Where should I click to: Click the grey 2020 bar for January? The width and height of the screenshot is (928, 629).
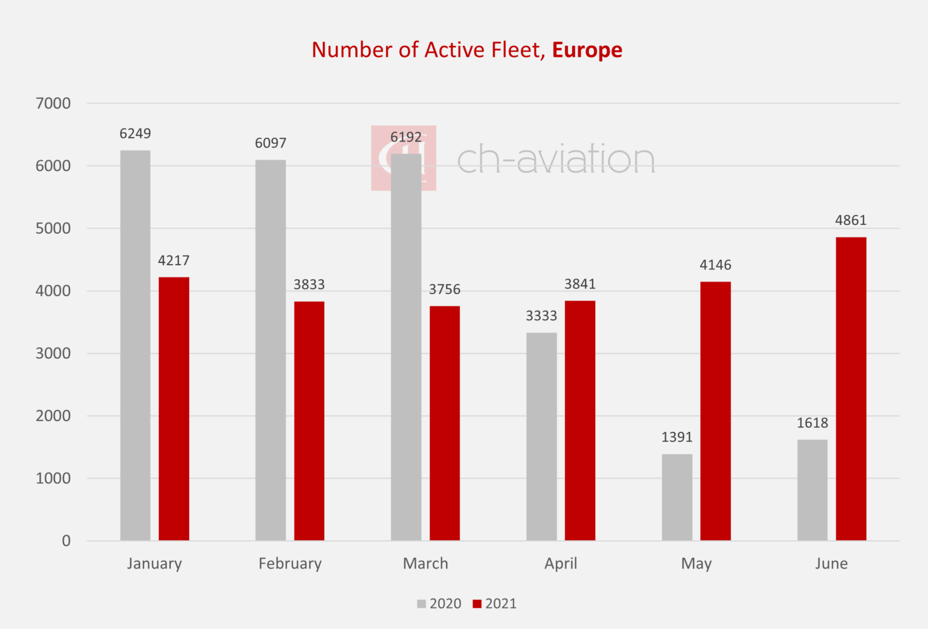[x=135, y=345]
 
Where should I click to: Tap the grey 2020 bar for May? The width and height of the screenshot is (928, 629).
[x=677, y=497]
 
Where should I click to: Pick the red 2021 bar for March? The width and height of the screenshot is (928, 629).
[x=445, y=423]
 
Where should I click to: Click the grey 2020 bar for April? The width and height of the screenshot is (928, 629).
[x=541, y=436]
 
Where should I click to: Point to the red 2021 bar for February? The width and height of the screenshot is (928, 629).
[x=309, y=421]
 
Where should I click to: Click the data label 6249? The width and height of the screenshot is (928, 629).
[x=135, y=134]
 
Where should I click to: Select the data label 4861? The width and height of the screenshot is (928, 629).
[x=851, y=221]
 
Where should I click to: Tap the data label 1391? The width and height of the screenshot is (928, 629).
[x=677, y=437]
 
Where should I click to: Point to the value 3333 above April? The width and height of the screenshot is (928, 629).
[x=541, y=316]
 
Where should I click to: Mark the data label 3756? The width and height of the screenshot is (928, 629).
[x=445, y=290]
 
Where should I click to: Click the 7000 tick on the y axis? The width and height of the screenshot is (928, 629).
[x=53, y=103]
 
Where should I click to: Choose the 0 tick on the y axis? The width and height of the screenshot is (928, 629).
[x=66, y=541]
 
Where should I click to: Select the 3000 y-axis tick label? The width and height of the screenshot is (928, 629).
[x=53, y=353]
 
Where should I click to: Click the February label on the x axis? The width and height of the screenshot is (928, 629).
[x=290, y=564]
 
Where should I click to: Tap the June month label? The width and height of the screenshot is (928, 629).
[x=831, y=564]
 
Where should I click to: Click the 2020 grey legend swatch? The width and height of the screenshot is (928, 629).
[x=422, y=604]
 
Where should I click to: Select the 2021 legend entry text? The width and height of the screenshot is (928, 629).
[x=501, y=604]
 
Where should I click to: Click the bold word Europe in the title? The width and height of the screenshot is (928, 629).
[x=587, y=50]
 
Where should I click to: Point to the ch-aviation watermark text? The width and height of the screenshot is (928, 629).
[x=556, y=160]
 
